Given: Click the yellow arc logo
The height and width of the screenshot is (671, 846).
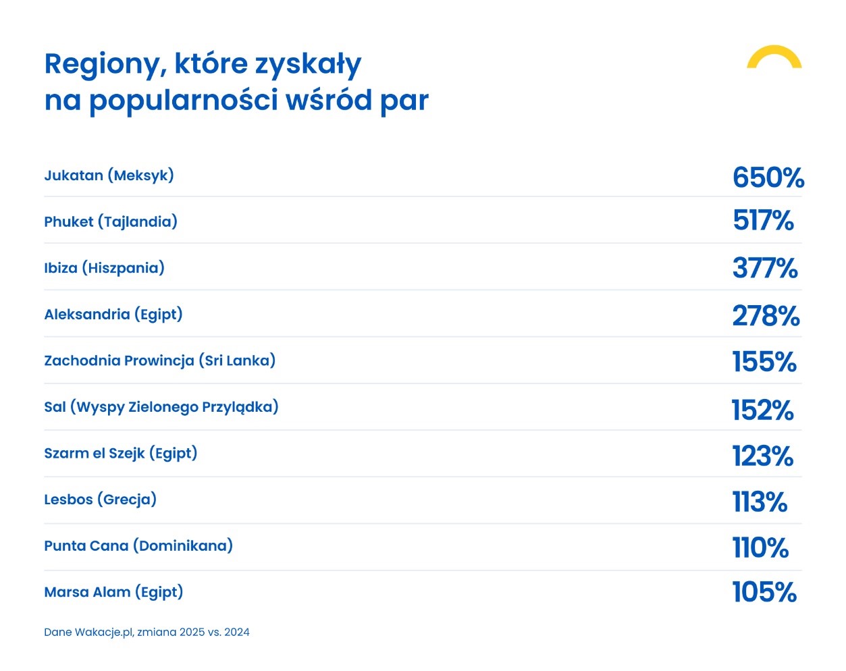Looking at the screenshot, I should [774, 56].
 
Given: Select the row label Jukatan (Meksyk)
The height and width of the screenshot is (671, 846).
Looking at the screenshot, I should [109, 176].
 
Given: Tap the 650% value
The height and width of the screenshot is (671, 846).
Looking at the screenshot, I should [768, 178].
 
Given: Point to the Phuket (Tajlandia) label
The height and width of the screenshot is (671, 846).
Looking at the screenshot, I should [111, 221].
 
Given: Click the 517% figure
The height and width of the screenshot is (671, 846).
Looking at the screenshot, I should [763, 221].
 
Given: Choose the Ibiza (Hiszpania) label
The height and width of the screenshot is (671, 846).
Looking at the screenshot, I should [104, 268].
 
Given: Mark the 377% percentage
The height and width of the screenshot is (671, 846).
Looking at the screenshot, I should [765, 268].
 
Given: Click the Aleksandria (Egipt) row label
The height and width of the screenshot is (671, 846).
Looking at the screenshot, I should [113, 315].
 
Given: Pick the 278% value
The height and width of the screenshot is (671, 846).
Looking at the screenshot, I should [766, 315].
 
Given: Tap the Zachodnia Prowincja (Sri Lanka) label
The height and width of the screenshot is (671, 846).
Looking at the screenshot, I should [159, 360].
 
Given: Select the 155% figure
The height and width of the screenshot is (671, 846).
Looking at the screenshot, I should [764, 362].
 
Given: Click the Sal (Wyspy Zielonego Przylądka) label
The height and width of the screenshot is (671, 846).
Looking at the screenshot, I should [161, 407].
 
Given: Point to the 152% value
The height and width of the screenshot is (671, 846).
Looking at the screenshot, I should [762, 410].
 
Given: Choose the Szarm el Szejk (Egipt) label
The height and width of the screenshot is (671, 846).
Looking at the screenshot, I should [120, 454].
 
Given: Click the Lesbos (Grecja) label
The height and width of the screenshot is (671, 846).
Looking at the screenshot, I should [100, 500].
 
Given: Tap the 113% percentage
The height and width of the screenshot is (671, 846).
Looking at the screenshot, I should [760, 502].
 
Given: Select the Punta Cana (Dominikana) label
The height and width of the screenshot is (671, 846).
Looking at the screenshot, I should [138, 546].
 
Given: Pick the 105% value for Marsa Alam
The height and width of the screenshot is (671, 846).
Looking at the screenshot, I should [764, 592].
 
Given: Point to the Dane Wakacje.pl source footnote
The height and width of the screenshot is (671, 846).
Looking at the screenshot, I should [147, 633].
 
